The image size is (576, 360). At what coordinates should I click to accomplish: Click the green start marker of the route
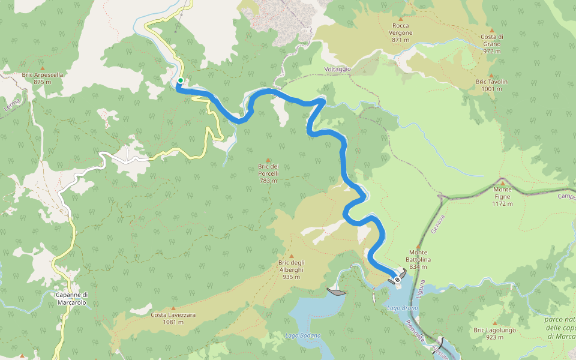(180, 80)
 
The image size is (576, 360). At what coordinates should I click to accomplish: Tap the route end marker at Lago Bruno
(397, 279)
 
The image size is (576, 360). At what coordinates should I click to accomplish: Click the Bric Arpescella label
(42, 78)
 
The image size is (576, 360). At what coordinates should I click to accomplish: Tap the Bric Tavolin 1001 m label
(491, 85)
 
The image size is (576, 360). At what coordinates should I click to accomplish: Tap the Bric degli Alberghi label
(292, 266)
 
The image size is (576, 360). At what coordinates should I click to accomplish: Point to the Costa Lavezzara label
(173, 318)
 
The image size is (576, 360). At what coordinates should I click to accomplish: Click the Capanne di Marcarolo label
(71, 299)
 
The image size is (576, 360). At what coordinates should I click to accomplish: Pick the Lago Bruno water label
(403, 308)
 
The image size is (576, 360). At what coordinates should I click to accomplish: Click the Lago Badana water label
(303, 335)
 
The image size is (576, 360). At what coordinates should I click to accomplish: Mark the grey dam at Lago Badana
(337, 292)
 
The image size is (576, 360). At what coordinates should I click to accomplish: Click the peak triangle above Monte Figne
(502, 182)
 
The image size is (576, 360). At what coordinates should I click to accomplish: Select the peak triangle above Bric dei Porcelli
(268, 160)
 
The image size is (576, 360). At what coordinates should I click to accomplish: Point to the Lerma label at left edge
(13, 104)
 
